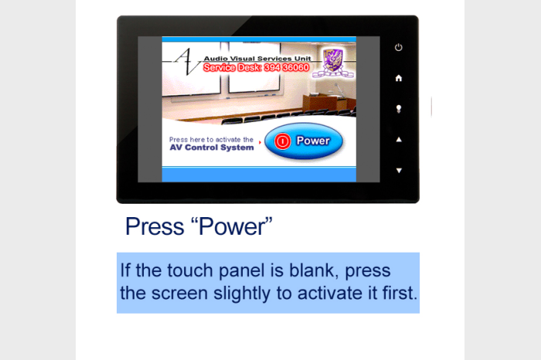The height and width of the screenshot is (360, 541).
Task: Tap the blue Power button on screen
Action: tap(304, 141)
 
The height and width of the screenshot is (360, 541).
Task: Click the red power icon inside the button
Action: tap(282, 141)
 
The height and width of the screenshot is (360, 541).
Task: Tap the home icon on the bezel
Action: tap(399, 78)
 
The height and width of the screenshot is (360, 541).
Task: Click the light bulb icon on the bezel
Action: tap(399, 109)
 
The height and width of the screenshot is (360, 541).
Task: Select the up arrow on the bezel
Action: tap(399, 139)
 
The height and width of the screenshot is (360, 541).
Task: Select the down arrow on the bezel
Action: tap(399, 171)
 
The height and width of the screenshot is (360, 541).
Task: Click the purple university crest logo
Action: tap(333, 63)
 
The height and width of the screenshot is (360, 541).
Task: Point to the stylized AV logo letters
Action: tap(185, 61)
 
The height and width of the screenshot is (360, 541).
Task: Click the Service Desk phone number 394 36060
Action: tap(287, 67)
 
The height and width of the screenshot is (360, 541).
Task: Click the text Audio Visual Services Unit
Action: tap(257, 59)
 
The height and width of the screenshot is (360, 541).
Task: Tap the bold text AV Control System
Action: tap(212, 148)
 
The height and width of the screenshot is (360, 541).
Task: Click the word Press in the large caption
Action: tap(155, 226)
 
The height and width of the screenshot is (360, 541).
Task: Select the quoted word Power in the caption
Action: tap(232, 226)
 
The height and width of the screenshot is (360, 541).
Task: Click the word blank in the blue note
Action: tap(311, 270)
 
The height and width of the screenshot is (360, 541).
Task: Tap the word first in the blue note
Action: tap(400, 293)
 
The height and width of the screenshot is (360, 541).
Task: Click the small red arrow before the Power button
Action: tap(260, 142)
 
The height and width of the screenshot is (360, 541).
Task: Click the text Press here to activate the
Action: tap(211, 140)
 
